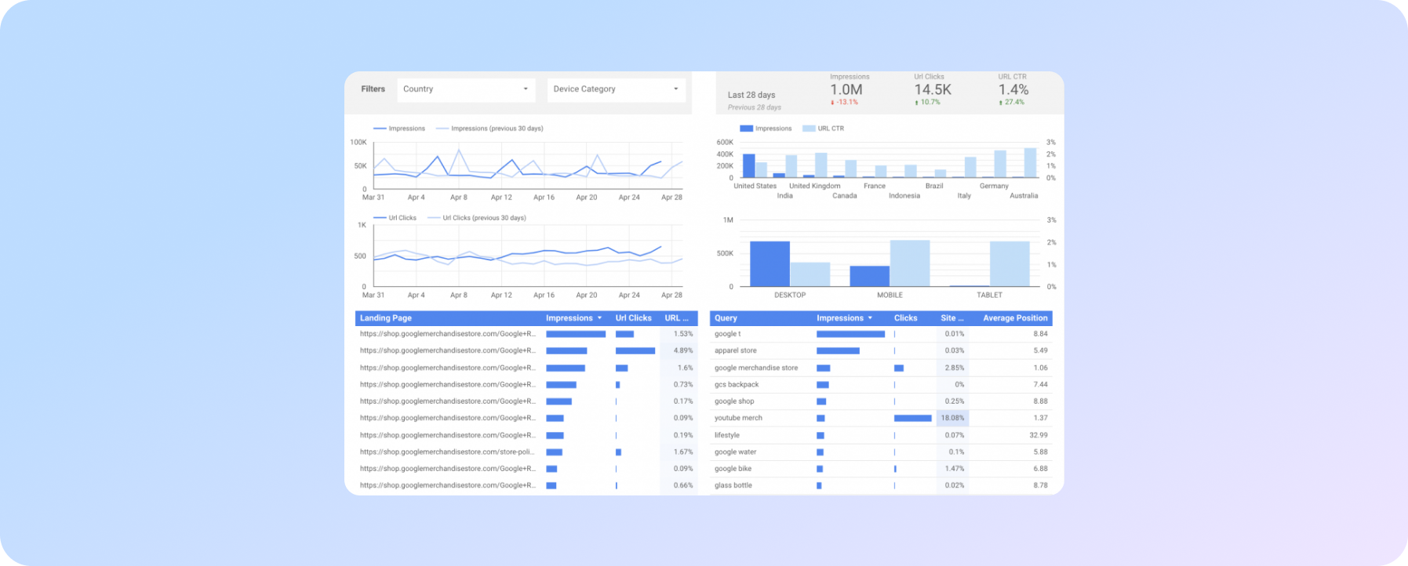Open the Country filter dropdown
tap(466, 89)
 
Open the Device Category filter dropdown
tap(616, 89)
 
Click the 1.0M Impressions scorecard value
tap(846, 90)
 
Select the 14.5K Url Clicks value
tap(933, 90)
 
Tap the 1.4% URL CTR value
tap(1013, 90)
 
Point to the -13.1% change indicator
tap(845, 103)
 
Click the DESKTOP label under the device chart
tap(790, 296)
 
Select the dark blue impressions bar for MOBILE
tap(869, 276)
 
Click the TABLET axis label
tap(989, 296)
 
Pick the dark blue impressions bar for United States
tap(748, 165)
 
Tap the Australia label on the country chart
tap(1024, 196)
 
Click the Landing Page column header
tap(386, 318)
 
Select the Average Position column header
tap(1015, 318)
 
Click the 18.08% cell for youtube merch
tap(952, 419)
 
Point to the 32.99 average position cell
tap(1038, 435)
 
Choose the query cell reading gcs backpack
tap(737, 385)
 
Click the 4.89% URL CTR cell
tap(682, 351)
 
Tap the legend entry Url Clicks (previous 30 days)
tap(483, 218)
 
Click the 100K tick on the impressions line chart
tap(358, 143)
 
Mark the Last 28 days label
tap(751, 96)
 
